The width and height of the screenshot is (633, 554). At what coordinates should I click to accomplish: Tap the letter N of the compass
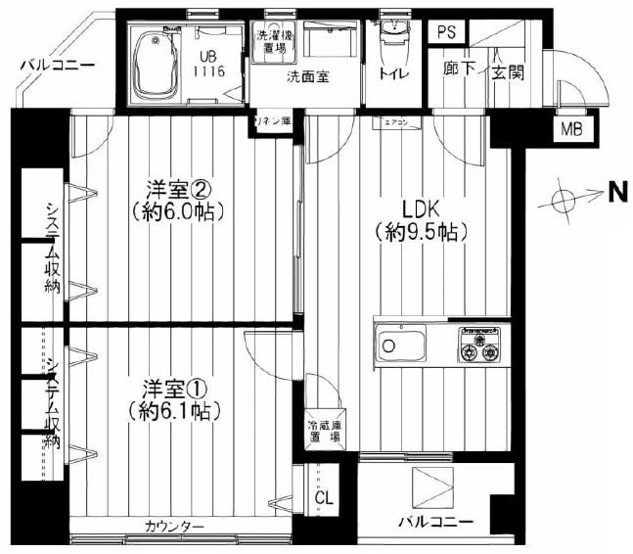pyautogui.click(x=617, y=194)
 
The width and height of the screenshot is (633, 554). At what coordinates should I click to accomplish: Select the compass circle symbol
pyautogui.click(x=565, y=199)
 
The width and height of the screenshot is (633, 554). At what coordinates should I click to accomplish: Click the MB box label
pyautogui.click(x=567, y=127)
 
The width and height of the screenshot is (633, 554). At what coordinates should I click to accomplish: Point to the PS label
pyautogui.click(x=447, y=33)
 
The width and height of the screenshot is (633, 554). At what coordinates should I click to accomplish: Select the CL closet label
pyautogui.click(x=324, y=497)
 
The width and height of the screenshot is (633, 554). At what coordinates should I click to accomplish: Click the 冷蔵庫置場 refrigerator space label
pyautogui.click(x=323, y=432)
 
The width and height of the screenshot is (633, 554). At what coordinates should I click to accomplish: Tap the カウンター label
pyautogui.click(x=174, y=527)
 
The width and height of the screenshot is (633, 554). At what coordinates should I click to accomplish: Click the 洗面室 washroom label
pyautogui.click(x=307, y=76)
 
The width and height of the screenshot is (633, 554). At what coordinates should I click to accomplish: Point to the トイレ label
pyautogui.click(x=393, y=74)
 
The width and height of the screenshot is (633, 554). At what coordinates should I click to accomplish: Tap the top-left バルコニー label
pyautogui.click(x=57, y=65)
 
